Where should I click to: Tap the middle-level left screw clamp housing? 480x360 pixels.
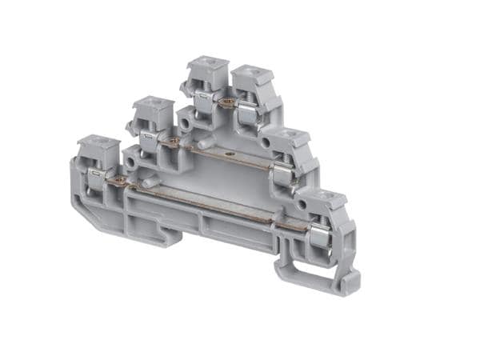click(x=153, y=113)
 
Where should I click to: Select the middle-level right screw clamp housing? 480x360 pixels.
click(x=289, y=144)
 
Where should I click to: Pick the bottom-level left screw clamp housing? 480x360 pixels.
click(x=98, y=152)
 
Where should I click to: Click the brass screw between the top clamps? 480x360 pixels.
click(x=228, y=102)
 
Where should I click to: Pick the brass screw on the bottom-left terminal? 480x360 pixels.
click(x=121, y=181)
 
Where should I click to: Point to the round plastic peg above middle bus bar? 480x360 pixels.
click(x=203, y=144)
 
